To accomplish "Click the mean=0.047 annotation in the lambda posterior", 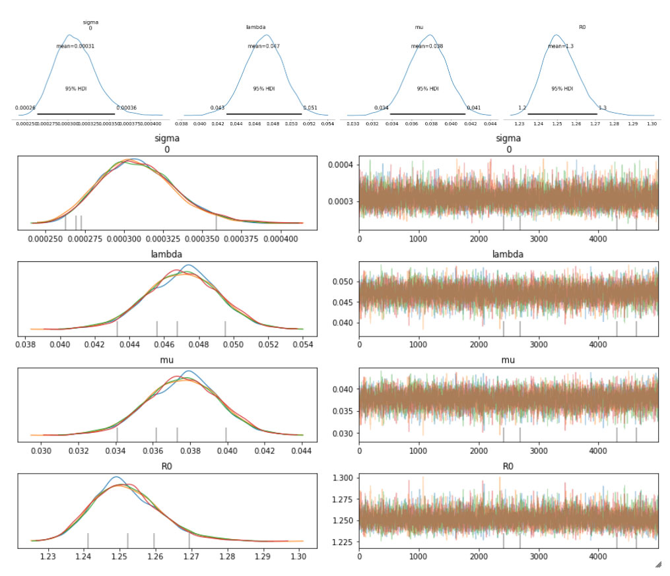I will [264, 46].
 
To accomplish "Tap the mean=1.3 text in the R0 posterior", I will [561, 46].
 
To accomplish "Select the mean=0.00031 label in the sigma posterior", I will [75, 46].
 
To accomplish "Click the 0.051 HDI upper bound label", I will [310, 108].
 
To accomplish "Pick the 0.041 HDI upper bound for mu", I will [473, 108].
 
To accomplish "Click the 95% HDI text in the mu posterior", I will [427, 88].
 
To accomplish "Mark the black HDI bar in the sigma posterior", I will [76, 114].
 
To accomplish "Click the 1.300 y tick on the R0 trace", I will [343, 477].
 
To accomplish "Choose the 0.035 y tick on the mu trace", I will [343, 411].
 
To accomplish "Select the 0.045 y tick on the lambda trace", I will [343, 302].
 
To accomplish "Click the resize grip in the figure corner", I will [657, 565].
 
